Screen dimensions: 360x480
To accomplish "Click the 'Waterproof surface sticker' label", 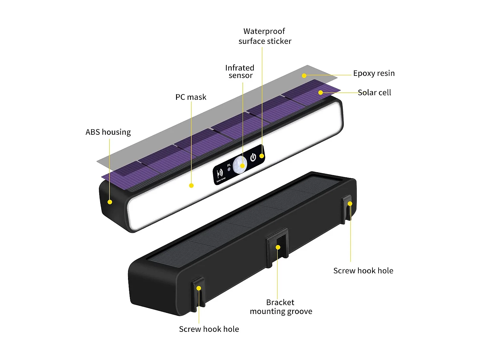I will tap(265, 36).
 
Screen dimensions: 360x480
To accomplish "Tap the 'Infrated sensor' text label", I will tap(240, 72).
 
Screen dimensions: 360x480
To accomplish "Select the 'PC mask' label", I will tap(191, 97).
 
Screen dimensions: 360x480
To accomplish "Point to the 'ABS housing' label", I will tap(108, 132).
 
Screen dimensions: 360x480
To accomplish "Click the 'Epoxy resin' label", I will tap(374, 73).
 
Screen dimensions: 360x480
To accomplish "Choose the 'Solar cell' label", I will tap(374, 92).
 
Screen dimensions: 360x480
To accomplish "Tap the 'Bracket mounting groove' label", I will tap(281, 307).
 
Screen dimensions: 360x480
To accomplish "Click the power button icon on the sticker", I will tap(253, 157).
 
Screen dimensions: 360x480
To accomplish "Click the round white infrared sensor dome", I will tap(240, 165).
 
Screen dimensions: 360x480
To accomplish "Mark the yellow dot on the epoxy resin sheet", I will tap(304, 76).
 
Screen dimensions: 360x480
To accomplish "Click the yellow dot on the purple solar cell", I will tap(320, 92).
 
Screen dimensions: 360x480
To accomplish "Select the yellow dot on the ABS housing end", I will tap(110, 202).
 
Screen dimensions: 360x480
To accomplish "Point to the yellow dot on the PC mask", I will tap(191, 186).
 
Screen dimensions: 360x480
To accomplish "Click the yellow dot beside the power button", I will tap(262, 156).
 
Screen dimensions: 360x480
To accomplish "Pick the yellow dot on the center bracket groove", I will tap(278, 247).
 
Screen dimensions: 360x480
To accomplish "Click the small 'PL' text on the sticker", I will tap(229, 165).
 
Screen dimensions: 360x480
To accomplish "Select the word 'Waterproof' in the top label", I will tap(264, 31).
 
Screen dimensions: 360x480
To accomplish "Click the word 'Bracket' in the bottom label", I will tap(280, 302).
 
